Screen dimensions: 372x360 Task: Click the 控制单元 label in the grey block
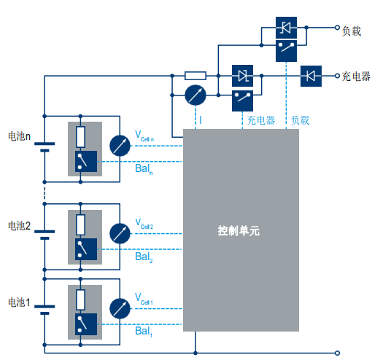pos(239,231)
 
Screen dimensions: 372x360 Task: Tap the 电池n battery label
pos(19,136)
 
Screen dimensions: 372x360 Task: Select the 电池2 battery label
pos(19,226)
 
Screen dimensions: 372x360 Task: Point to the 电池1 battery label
pos(19,302)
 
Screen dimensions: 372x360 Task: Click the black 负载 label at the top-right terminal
pos(352,31)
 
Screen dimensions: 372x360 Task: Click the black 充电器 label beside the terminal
pos(356,77)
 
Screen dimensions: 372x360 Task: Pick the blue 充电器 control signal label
pos(261,120)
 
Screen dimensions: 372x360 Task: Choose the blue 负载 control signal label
pos(301,120)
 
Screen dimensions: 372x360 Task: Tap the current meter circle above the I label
pos(195,95)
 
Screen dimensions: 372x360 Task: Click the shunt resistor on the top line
pos(195,76)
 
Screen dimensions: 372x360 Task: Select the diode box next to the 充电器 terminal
pos(311,76)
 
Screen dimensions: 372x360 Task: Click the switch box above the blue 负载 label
pos(286,51)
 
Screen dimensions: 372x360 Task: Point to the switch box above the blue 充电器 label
pos(242,101)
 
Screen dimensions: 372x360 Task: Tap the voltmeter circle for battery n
pos(120,146)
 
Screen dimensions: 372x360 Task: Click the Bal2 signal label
pos(144,257)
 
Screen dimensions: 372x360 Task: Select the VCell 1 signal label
pos(144,299)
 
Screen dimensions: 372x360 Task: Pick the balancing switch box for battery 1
pos(86,324)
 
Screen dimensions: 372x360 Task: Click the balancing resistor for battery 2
pos(80,224)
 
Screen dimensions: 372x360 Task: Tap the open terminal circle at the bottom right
pos(337,353)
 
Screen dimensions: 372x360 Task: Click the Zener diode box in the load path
pos(286,28)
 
